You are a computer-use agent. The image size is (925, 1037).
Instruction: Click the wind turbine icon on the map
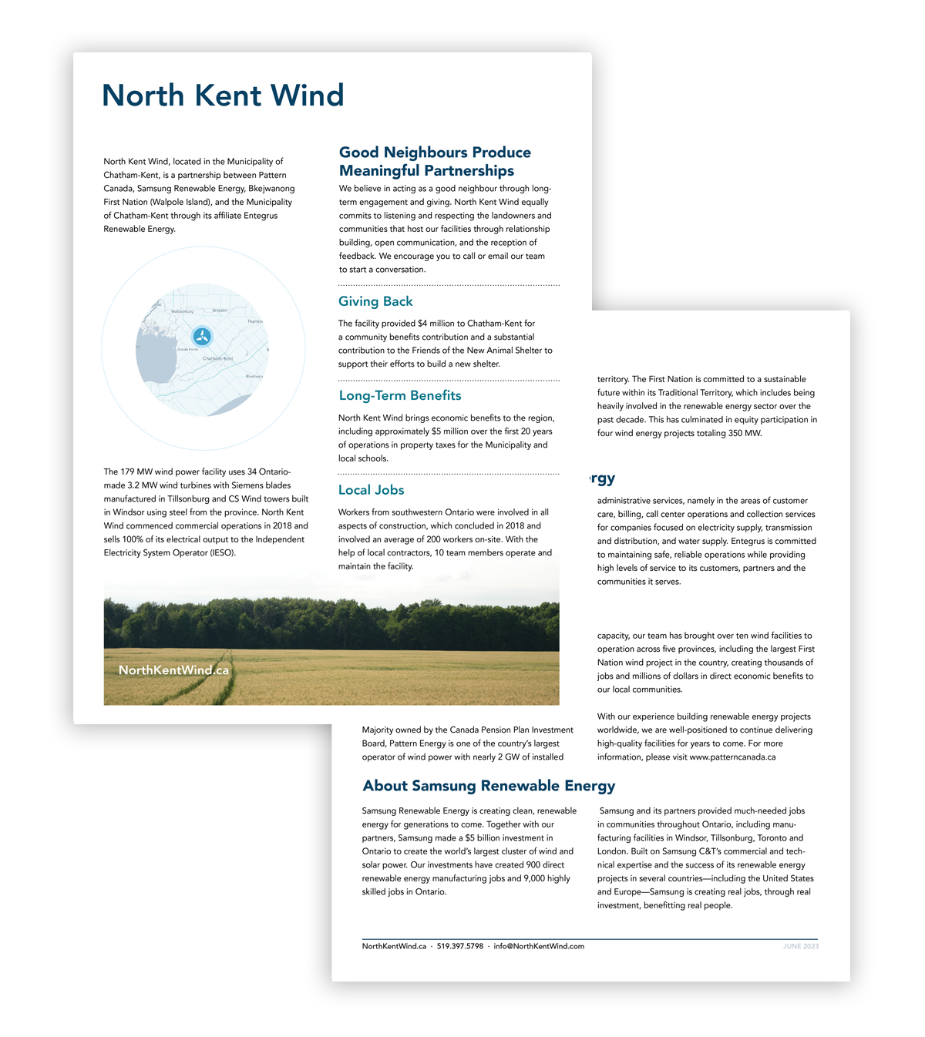pyautogui.click(x=202, y=337)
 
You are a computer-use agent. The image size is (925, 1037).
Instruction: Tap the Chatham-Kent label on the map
pyautogui.click(x=217, y=358)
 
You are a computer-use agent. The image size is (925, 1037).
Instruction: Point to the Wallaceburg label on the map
pyautogui.click(x=182, y=311)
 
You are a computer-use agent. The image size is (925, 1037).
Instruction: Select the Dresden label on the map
pyautogui.click(x=220, y=310)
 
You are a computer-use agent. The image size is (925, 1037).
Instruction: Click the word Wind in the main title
pyautogui.click(x=307, y=96)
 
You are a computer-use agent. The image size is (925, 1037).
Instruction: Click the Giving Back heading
pyautogui.click(x=375, y=301)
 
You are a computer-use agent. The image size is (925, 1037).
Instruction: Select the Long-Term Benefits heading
pyautogui.click(x=399, y=395)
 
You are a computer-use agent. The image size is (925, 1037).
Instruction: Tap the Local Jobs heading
pyautogui.click(x=371, y=490)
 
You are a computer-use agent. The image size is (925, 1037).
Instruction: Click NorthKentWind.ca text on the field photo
pyautogui.click(x=173, y=670)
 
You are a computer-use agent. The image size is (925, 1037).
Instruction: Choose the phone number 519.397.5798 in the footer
pyautogui.click(x=460, y=946)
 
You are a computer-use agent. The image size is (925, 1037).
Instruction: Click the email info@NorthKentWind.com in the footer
pyautogui.click(x=539, y=946)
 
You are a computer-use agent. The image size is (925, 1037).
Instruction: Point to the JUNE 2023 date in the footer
pyautogui.click(x=801, y=946)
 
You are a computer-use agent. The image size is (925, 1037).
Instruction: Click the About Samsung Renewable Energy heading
pyautogui.click(x=489, y=786)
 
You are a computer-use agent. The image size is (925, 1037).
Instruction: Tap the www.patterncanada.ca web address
pyautogui.click(x=732, y=757)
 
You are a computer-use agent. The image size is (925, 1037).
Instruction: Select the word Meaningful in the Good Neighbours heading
pyautogui.click(x=380, y=170)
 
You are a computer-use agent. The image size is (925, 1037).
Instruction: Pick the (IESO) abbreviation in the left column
pyautogui.click(x=222, y=553)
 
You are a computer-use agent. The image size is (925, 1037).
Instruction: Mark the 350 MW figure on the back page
pyautogui.click(x=744, y=434)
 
